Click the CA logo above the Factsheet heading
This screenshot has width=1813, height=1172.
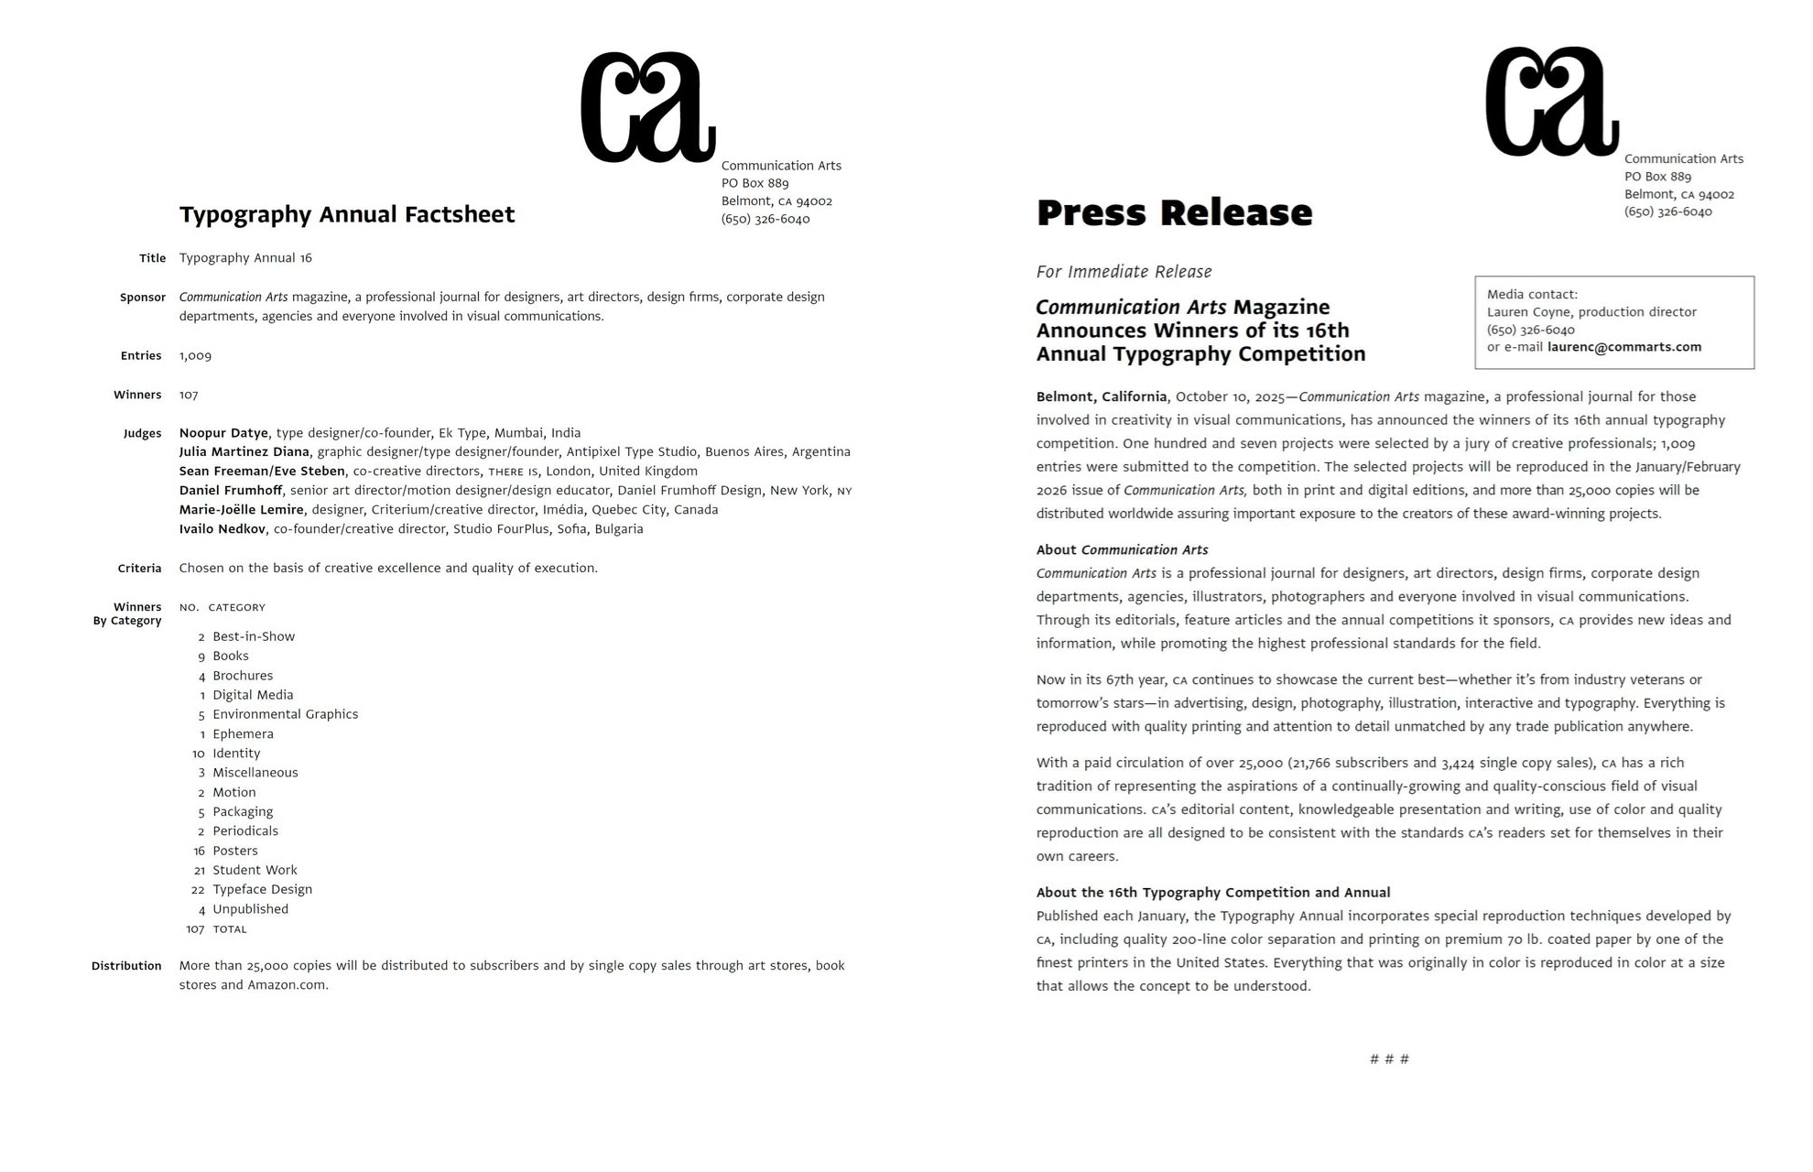coord(647,107)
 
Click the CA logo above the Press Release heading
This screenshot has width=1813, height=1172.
coord(1551,102)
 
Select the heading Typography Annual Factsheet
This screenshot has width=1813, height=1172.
coord(347,214)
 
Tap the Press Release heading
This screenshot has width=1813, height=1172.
coord(1174,212)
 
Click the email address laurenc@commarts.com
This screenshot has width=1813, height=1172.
coord(1623,347)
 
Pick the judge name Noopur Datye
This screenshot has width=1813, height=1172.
coord(223,433)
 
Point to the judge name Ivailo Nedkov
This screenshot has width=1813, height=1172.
coord(223,529)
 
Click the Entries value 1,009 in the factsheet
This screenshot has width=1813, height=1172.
coord(195,356)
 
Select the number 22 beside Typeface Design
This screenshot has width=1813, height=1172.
coord(198,890)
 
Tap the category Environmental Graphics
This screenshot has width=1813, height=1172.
coord(285,715)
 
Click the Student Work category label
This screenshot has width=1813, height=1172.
coord(255,871)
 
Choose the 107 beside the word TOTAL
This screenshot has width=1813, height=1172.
coord(195,929)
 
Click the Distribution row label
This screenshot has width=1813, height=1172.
coord(126,966)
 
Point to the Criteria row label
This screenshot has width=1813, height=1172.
coord(139,569)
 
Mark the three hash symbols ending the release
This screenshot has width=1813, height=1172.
coord(1389,1059)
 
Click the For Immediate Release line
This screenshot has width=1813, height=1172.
coord(1124,272)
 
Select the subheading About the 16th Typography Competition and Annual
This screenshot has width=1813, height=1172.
coord(1212,893)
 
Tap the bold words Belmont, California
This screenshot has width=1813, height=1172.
coord(1101,397)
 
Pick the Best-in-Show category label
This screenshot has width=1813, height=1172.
coord(254,637)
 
